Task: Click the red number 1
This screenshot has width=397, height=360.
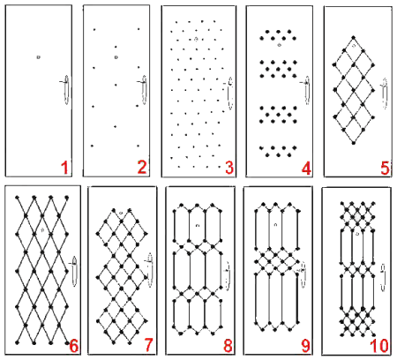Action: pyautogui.click(x=64, y=168)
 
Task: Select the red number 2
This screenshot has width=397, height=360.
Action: pyautogui.click(x=142, y=168)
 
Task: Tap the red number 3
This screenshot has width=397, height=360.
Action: pyautogui.click(x=229, y=168)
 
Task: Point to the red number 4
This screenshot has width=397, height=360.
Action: pyautogui.click(x=306, y=169)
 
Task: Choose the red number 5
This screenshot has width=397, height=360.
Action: pyautogui.click(x=385, y=169)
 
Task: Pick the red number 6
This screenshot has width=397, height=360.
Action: pyautogui.click(x=74, y=346)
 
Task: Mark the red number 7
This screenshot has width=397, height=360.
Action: pyautogui.click(x=149, y=345)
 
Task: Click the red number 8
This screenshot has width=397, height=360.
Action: pyautogui.click(x=228, y=346)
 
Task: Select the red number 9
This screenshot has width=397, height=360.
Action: pyautogui.click(x=306, y=346)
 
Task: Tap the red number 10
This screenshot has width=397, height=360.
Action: pyautogui.click(x=379, y=346)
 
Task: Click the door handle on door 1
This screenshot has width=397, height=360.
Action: pyautogui.click(x=66, y=90)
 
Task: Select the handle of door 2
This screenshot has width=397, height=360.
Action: pyautogui.click(x=144, y=90)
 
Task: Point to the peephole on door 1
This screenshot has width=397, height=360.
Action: pyautogui.click(x=38, y=57)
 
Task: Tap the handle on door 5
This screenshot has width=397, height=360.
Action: pyautogui.click(x=385, y=94)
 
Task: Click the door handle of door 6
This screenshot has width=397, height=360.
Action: pyautogui.click(x=74, y=271)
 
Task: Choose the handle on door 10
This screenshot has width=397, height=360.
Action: pyautogui.click(x=383, y=277)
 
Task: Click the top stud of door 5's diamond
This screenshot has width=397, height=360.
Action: pyautogui.click(x=354, y=37)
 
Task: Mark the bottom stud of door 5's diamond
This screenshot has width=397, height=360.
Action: pyautogui.click(x=354, y=143)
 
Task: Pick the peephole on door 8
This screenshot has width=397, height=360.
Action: pyautogui.click(x=198, y=226)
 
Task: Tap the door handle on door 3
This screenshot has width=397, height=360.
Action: pyautogui.click(x=230, y=94)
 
